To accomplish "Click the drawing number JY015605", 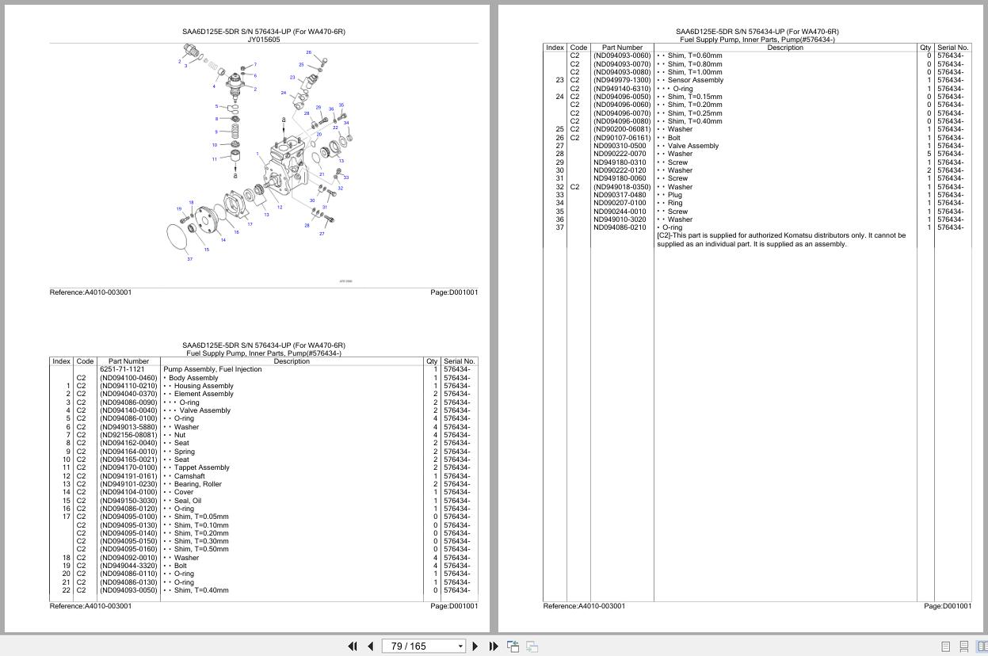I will coord(263,39).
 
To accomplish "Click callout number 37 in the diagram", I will coord(189,259).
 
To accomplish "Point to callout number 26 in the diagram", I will coord(308,52).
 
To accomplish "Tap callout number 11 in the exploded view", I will coord(214,159).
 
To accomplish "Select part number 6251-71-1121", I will coord(122,369).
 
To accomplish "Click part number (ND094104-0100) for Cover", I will coord(128,492).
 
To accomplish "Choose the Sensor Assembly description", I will coord(695,80).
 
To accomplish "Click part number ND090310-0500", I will coord(620,146).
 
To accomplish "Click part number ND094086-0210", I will coord(620,227).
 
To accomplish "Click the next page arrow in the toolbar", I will coord(475,646).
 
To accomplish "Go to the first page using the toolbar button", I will coord(353,646).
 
